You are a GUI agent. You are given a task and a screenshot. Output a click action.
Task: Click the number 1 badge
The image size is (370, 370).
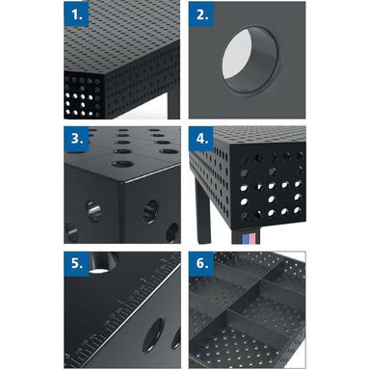(79, 16)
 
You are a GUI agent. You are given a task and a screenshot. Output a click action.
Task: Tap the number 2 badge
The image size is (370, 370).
(201, 16)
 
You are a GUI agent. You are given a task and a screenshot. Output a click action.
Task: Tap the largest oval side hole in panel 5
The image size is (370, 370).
(151, 338)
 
